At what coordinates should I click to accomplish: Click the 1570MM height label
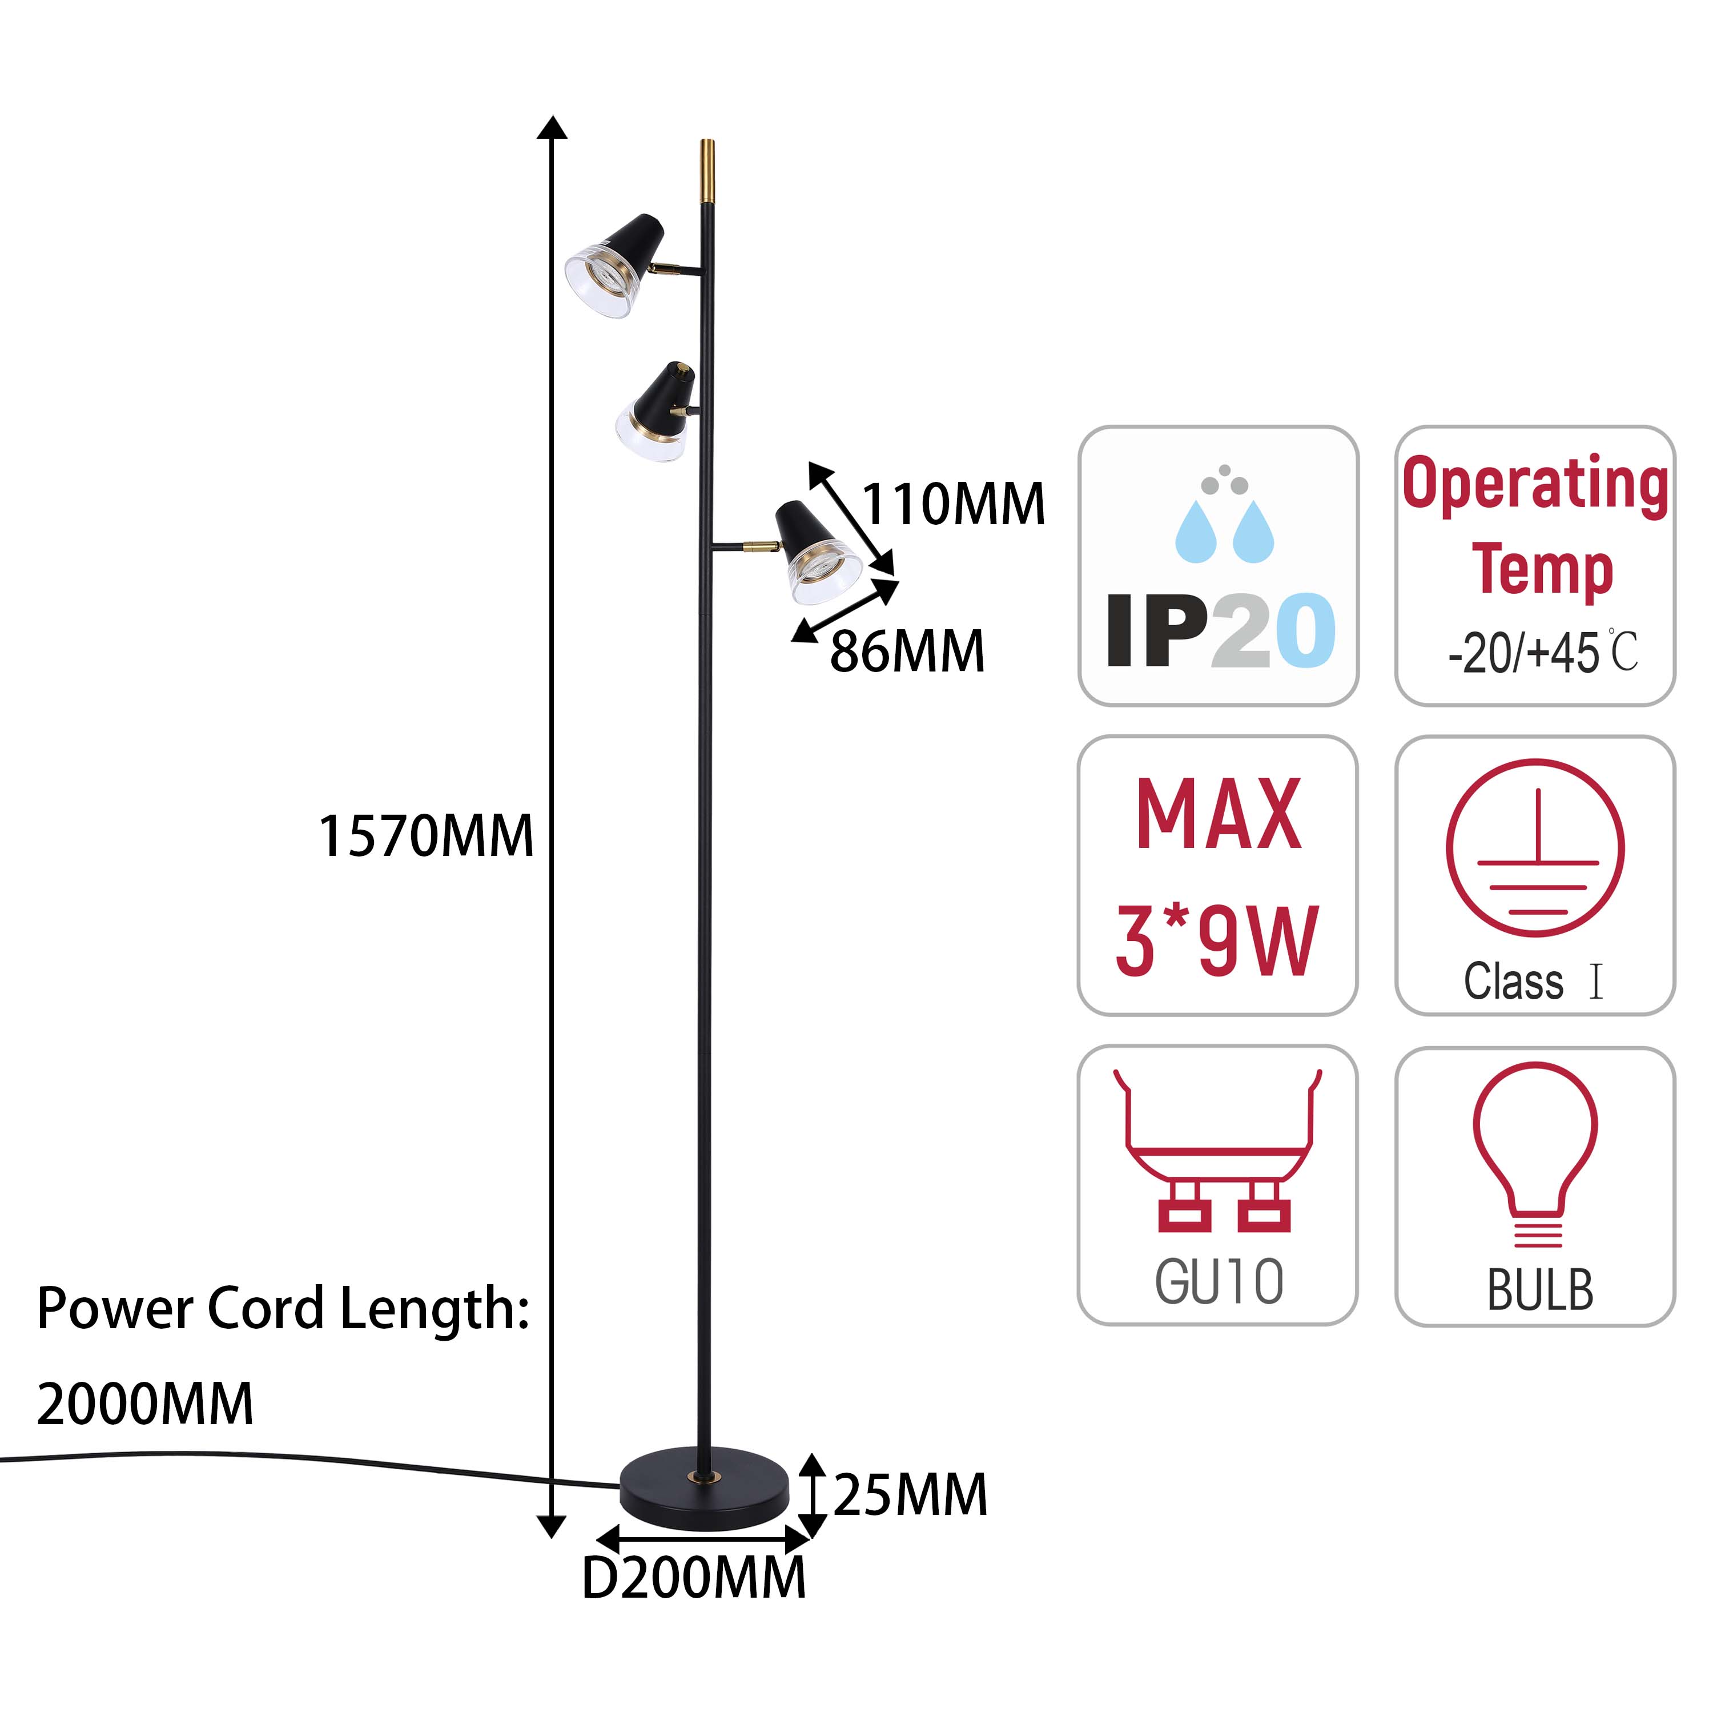425,836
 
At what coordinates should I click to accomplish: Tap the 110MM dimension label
953,505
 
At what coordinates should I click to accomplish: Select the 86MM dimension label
907,652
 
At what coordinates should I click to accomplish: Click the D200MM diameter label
693,1579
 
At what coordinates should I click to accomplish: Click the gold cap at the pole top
707,170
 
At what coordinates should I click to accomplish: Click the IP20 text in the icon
1221,630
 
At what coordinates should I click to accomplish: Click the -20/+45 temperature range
1523,653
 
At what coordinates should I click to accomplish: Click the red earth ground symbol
1535,847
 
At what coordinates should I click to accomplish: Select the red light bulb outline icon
1535,1155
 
